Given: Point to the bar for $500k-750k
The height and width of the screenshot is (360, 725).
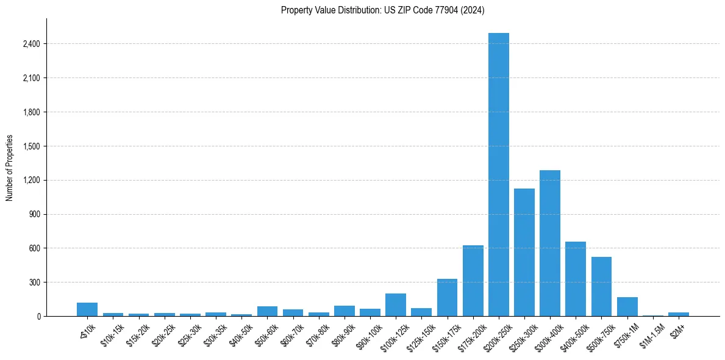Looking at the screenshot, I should [601, 287].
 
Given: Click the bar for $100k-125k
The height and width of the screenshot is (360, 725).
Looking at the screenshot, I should [396, 305].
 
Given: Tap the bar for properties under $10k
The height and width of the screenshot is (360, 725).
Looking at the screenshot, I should [87, 309].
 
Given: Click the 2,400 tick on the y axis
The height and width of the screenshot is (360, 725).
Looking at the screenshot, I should [30, 44].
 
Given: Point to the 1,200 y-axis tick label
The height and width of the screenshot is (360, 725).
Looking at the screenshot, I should [30, 180].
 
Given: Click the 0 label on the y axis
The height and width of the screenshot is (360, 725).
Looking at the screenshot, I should [38, 316].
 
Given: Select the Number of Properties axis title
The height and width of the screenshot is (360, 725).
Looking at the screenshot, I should [9, 168].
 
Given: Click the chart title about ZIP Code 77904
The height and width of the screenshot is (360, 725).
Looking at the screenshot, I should [382, 10].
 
